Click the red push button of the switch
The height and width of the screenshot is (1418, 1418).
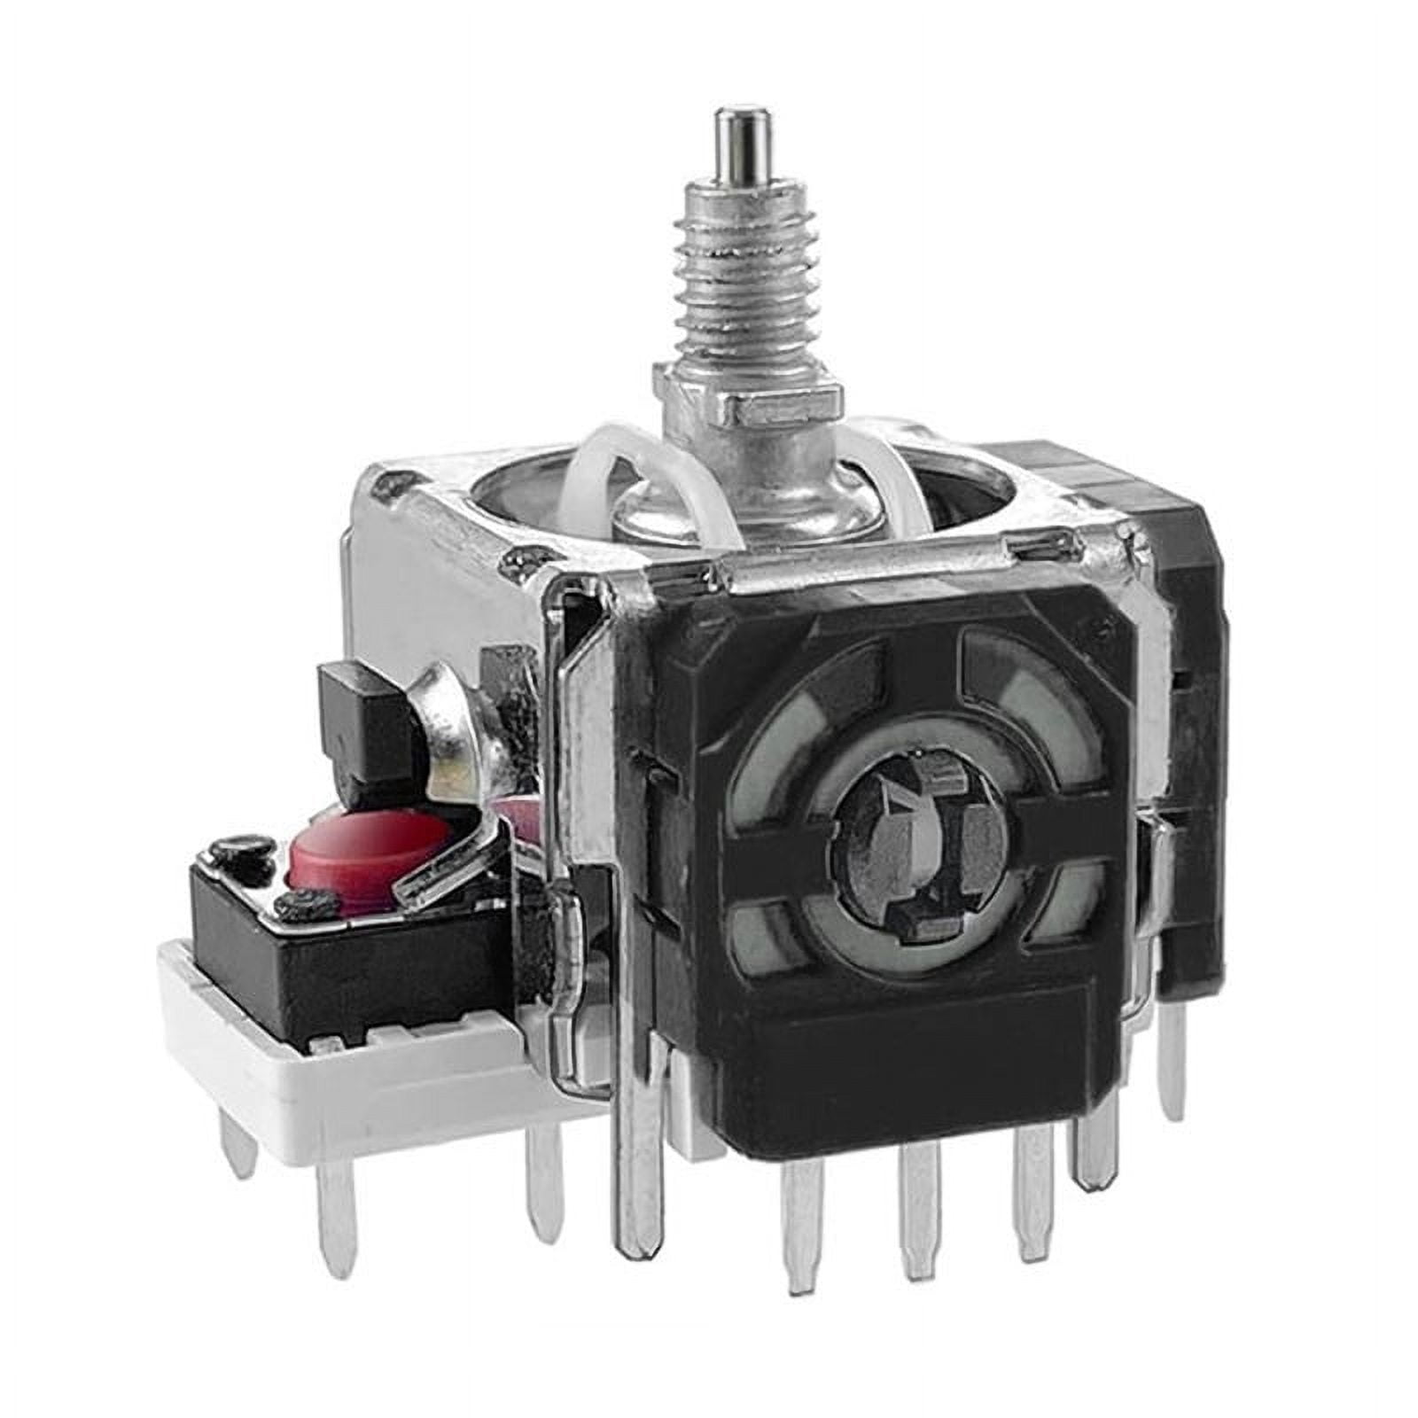[x=368, y=844]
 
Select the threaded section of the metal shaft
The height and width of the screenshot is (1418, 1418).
[x=744, y=284]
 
